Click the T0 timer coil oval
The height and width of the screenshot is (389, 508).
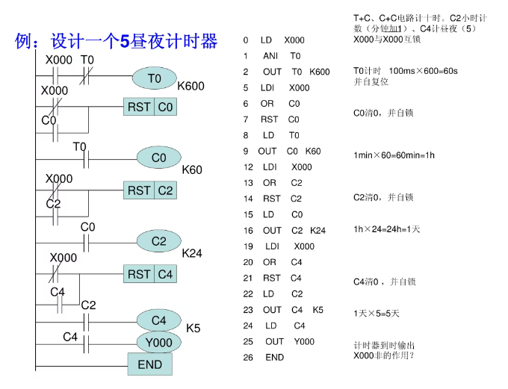154,78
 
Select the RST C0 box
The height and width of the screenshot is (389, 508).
150,108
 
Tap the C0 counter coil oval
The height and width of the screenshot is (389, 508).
158,158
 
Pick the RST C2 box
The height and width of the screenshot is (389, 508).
150,191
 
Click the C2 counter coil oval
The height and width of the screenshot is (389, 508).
158,241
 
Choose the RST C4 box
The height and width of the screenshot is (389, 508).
150,275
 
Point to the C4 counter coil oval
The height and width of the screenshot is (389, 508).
158,320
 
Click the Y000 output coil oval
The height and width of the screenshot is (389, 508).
158,343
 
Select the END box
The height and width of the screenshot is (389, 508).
150,365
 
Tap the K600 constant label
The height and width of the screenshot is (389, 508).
190,87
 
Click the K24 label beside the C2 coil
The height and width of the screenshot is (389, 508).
192,254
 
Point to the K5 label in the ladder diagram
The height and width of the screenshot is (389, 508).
193,329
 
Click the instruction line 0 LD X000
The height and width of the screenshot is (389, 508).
273,40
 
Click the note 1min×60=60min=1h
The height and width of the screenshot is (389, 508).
394,156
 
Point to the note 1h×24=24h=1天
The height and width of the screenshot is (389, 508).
386,229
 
